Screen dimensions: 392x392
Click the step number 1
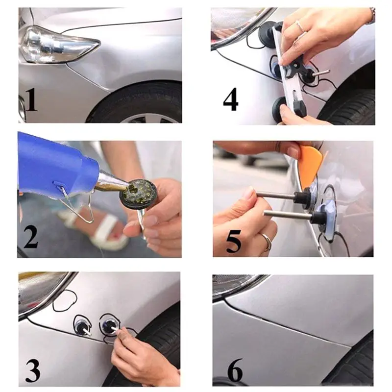pyautogui.click(x=31, y=100)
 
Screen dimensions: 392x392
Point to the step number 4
pyautogui.click(x=230, y=99)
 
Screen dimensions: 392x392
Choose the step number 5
pyautogui.click(x=234, y=241)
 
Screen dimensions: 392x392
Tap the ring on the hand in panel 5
pyautogui.click(x=267, y=241)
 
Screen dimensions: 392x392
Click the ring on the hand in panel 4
pyautogui.click(x=301, y=26)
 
